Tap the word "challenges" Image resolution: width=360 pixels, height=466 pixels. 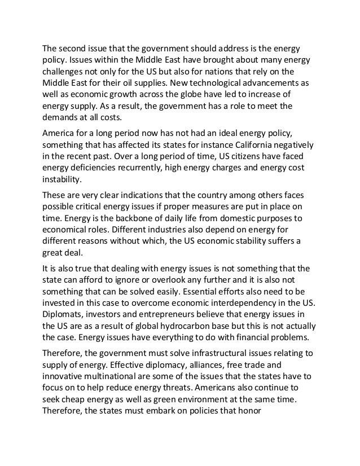[x=66, y=72]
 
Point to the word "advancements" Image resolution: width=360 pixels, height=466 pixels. [x=274, y=83]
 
